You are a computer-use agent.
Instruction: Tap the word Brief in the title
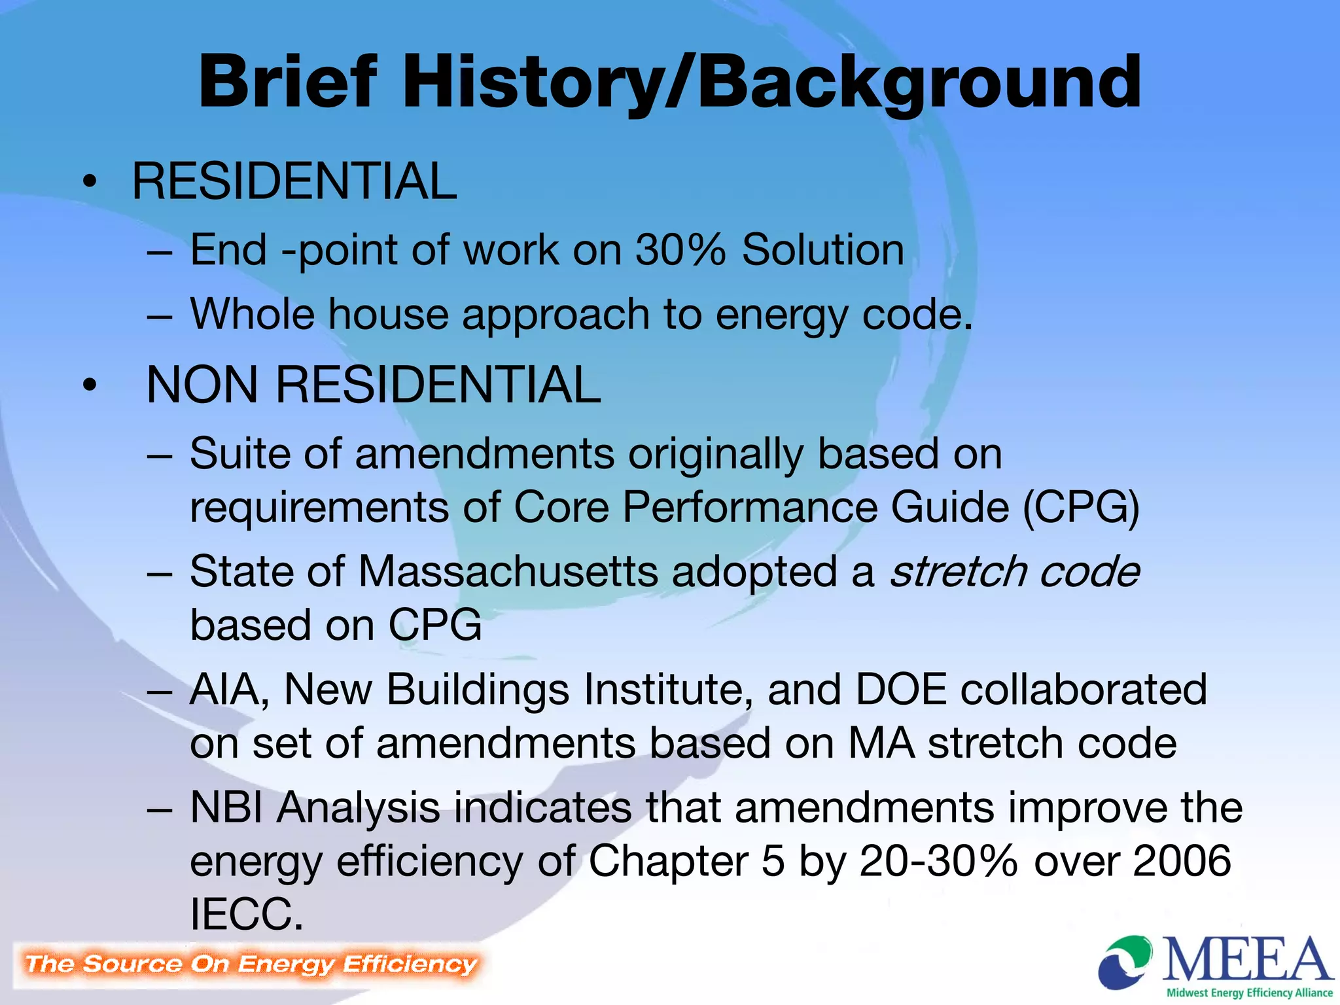point(288,82)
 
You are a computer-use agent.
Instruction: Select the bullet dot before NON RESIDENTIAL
point(90,385)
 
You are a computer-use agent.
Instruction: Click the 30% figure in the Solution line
point(680,250)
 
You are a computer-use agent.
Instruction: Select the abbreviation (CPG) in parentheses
point(1081,508)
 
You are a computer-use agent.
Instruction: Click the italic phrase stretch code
point(1014,572)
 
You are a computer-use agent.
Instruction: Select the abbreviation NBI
point(226,807)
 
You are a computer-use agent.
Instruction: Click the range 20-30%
point(938,861)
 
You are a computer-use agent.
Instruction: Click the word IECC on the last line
point(246,914)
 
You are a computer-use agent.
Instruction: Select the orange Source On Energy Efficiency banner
point(250,964)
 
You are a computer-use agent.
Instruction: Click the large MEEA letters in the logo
point(1246,961)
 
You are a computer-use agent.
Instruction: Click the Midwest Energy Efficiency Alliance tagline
point(1249,993)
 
